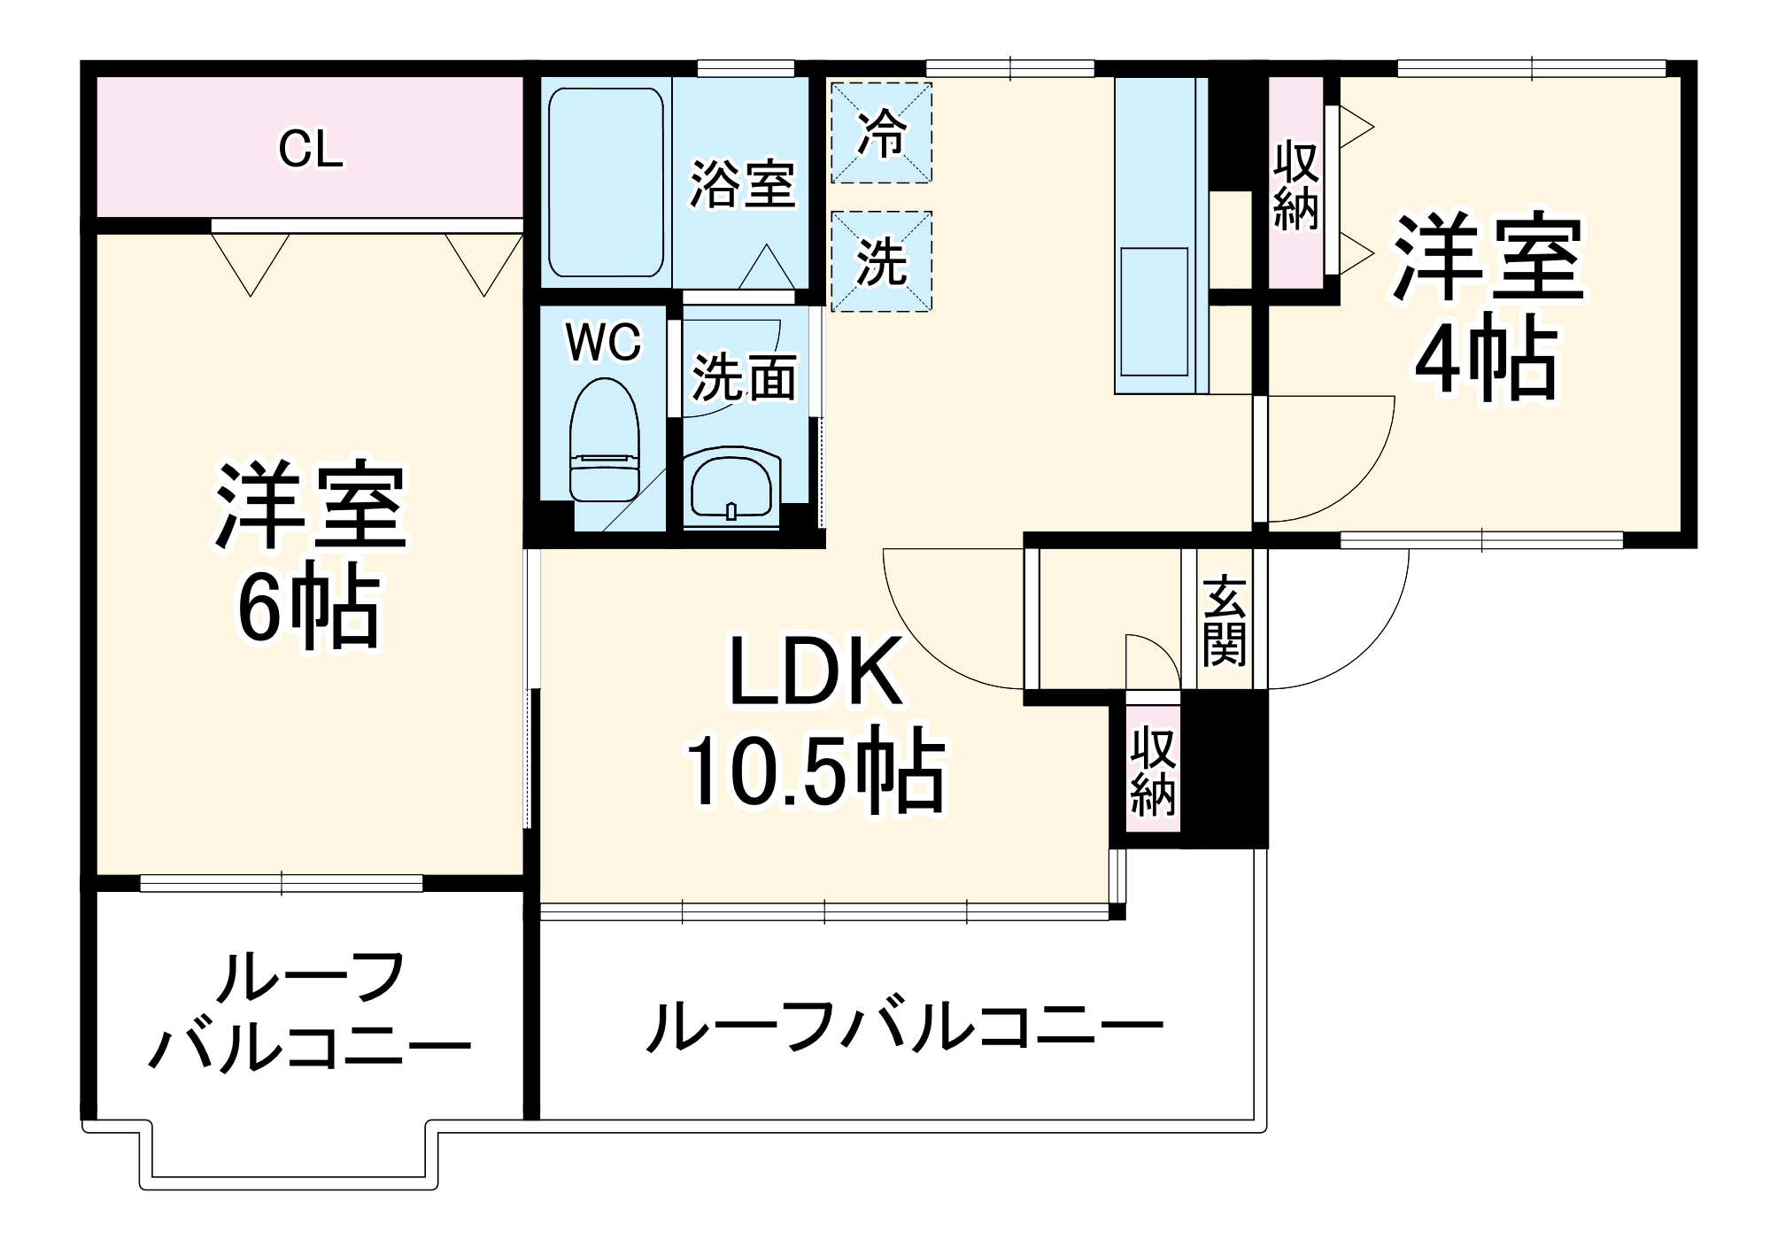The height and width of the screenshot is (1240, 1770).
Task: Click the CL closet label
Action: (x=310, y=150)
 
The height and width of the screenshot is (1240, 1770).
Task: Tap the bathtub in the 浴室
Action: (x=606, y=182)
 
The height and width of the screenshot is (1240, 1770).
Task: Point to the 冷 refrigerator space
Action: (x=881, y=133)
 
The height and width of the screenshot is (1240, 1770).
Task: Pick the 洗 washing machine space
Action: (x=881, y=262)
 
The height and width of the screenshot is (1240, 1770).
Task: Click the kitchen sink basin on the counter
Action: (x=1154, y=312)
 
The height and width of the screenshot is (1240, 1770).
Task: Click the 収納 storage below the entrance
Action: (x=1153, y=771)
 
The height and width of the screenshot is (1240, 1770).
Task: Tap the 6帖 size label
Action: (x=309, y=607)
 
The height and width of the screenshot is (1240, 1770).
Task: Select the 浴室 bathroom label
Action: (x=742, y=183)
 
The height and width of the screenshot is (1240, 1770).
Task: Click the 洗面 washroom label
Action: (x=744, y=378)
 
